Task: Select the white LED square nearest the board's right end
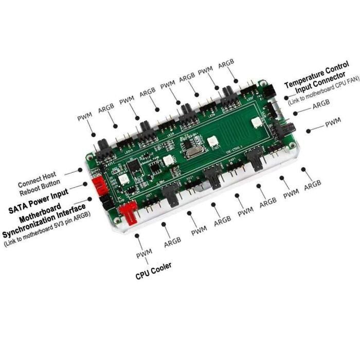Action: point(256,122)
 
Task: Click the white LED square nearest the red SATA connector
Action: point(123,179)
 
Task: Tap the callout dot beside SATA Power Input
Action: point(85,184)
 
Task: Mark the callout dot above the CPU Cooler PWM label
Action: point(137,236)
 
